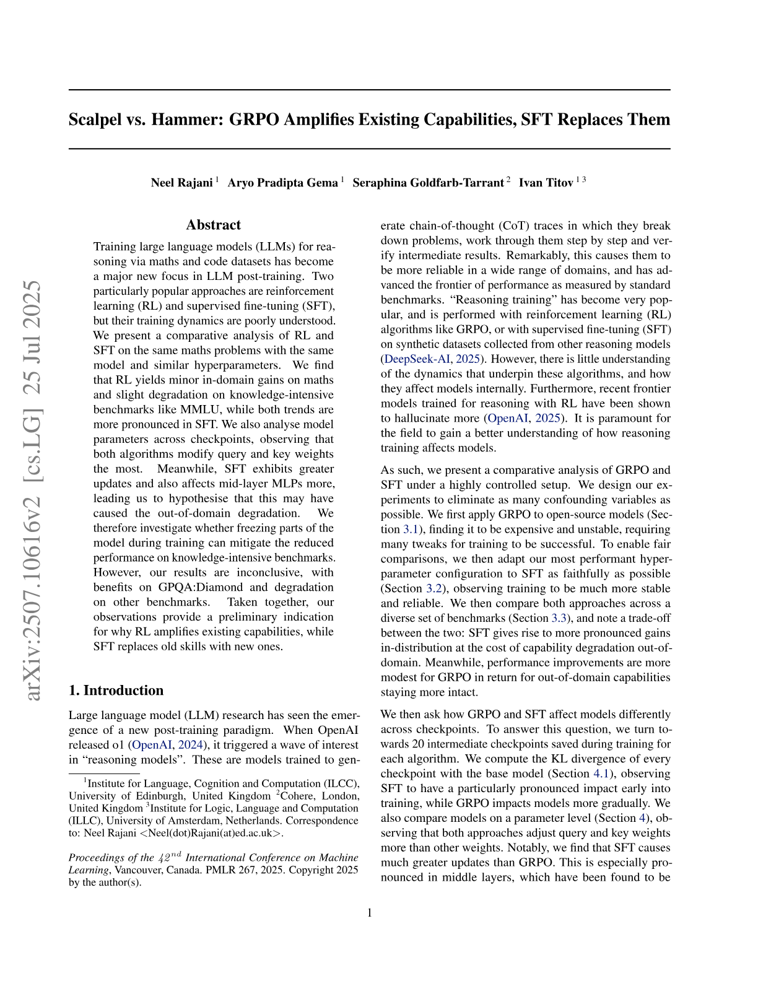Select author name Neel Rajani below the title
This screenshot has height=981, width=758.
pos(181,183)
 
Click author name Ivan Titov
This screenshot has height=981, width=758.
pos(546,183)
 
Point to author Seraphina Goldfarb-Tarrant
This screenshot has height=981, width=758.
pos(428,183)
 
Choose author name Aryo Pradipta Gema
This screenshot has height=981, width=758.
pos(282,183)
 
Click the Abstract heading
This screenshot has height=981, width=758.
pos(214,225)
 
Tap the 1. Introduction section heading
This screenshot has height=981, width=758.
pos(116,691)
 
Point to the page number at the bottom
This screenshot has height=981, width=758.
pos(370,913)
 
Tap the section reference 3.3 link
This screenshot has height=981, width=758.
pos(559,618)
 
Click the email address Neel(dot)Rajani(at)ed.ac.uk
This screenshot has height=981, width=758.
pos(211,834)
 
